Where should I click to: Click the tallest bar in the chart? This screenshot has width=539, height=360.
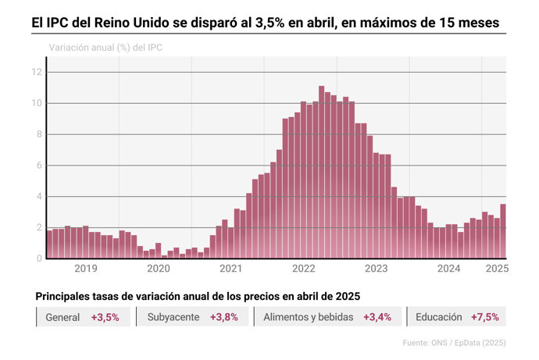click(321, 172)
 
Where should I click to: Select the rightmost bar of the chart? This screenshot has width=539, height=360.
click(504, 230)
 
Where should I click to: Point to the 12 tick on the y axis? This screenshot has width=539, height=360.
click(36, 72)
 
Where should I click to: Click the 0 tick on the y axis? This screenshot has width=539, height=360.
click(38, 258)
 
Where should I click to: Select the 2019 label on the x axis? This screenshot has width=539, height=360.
click(85, 269)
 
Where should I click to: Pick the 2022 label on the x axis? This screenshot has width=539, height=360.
click(303, 269)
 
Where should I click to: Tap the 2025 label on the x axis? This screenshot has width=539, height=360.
click(498, 269)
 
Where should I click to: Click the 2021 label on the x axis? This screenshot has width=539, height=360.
click(230, 269)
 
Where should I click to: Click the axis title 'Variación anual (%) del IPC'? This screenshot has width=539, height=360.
click(105, 48)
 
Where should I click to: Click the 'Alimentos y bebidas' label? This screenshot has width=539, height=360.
click(309, 318)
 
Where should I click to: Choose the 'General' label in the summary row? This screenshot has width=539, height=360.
click(62, 318)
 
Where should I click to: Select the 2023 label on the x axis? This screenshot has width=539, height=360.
click(376, 269)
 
